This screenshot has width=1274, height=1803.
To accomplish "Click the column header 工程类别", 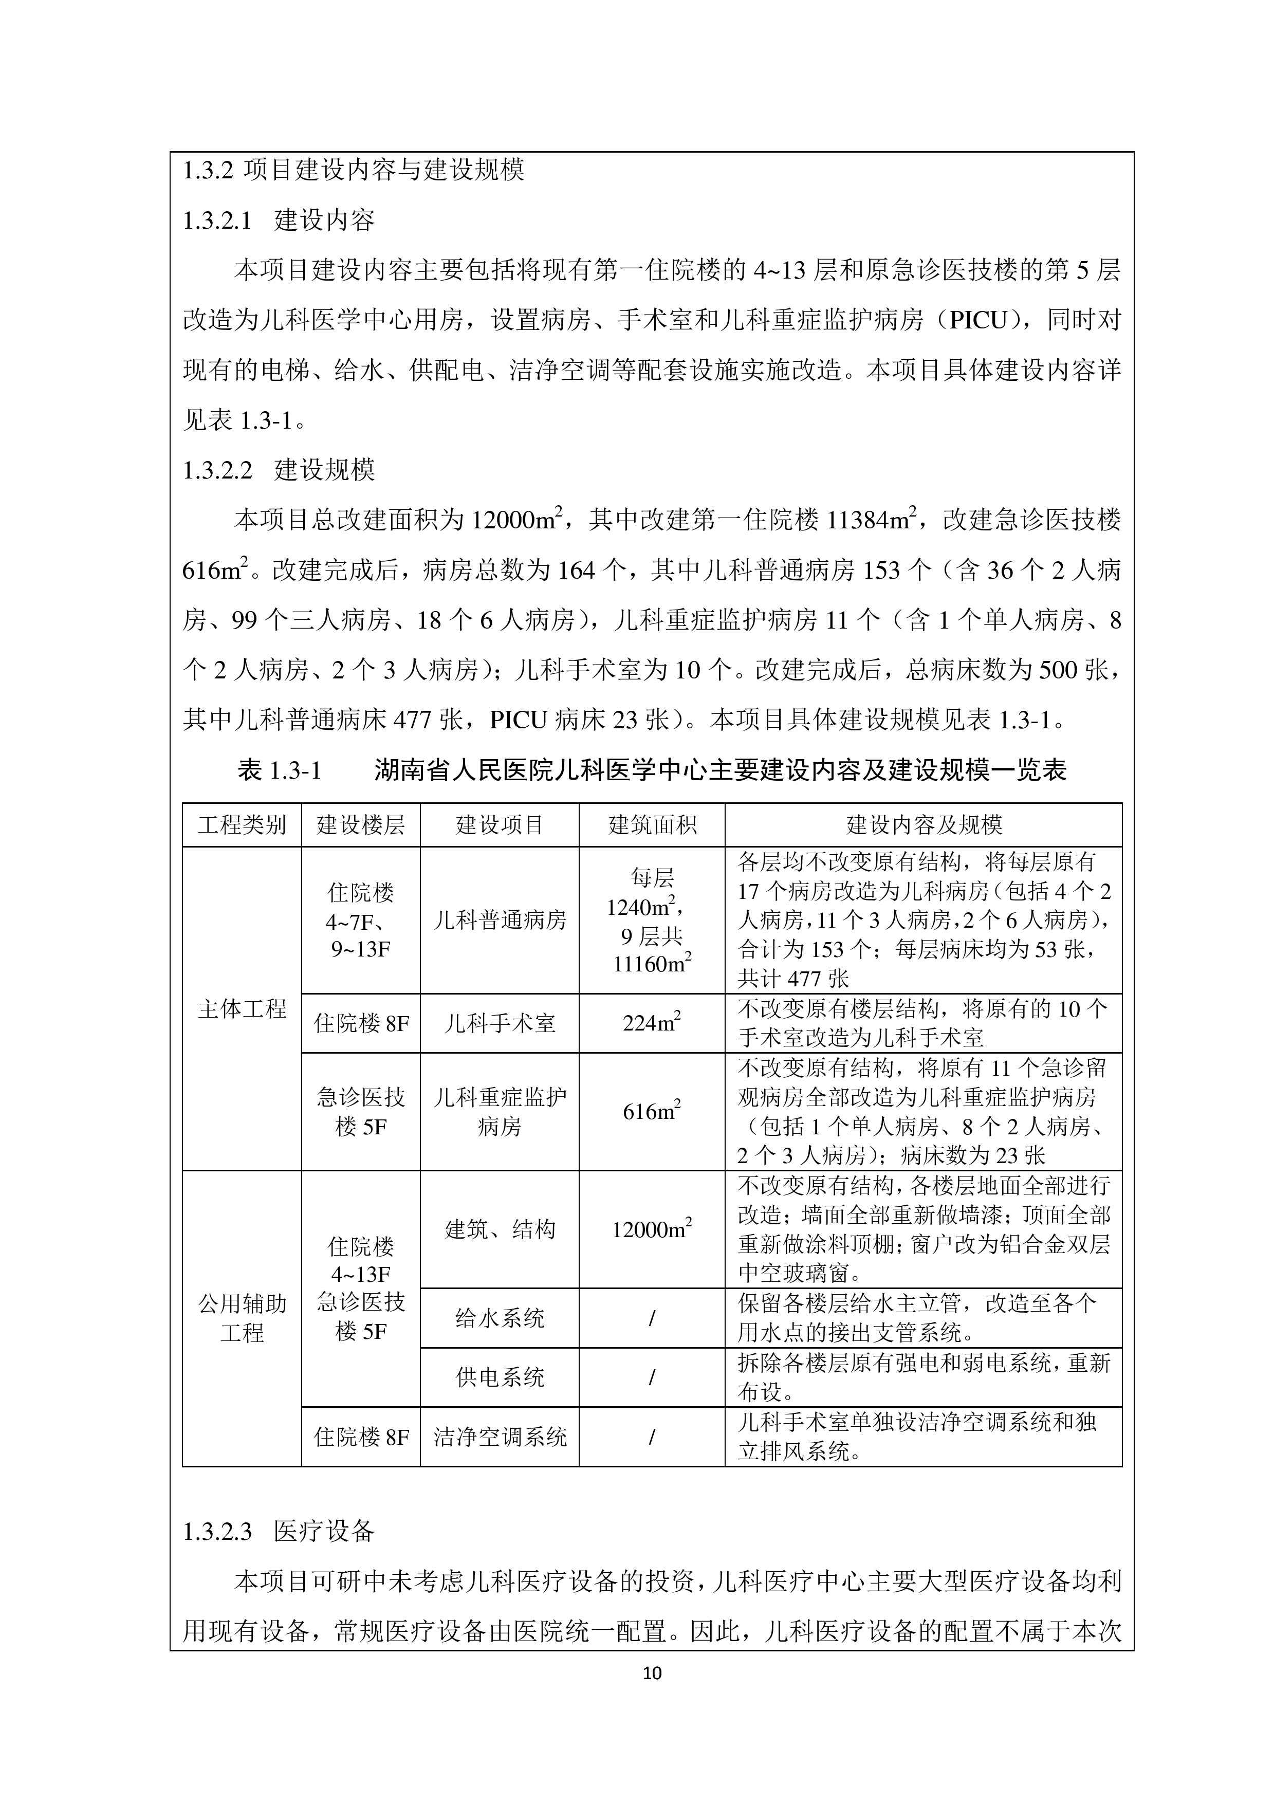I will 242,824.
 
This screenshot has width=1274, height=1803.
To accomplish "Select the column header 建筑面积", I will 652,824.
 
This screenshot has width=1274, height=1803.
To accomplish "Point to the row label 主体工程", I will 242,1008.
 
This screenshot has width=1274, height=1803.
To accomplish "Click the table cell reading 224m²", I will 652,1023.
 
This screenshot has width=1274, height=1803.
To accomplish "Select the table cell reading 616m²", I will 652,1112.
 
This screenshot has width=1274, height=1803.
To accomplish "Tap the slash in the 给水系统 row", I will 652,1318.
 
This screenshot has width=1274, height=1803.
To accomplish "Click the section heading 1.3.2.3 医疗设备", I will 278,1531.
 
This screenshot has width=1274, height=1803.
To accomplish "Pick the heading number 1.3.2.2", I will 217,470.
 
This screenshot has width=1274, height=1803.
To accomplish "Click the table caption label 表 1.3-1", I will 280,770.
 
